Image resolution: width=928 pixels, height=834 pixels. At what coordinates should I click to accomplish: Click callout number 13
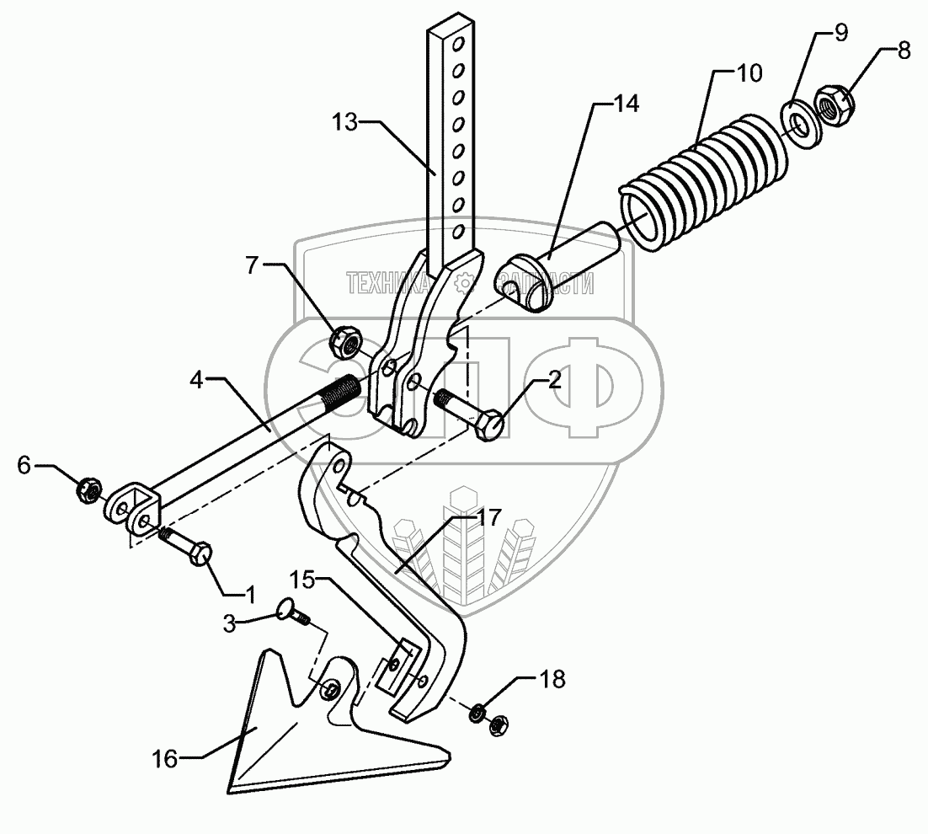click(344, 121)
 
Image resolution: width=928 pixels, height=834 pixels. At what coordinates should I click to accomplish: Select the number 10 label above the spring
click(749, 72)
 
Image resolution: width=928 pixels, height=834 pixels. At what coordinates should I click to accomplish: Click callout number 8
click(904, 50)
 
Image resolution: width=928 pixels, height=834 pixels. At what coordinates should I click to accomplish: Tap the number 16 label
click(165, 759)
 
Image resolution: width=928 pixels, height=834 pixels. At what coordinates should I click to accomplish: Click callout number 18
click(552, 679)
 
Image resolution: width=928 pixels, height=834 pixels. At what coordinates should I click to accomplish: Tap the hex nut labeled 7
click(344, 342)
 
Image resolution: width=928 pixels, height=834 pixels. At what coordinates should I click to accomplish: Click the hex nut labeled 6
click(88, 488)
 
